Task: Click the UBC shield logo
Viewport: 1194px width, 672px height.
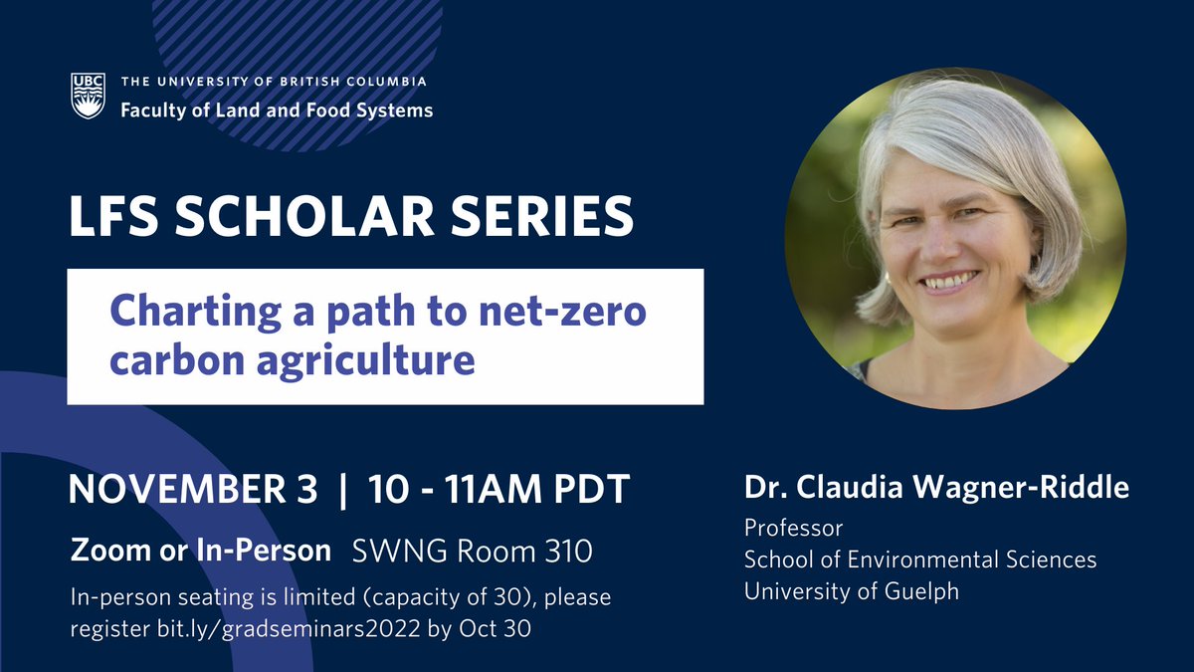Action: pos(88,96)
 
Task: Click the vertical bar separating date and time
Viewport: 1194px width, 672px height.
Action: pos(343,490)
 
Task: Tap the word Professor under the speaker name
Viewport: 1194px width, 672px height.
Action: pos(793,528)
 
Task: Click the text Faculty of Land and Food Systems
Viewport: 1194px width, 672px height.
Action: pos(277,111)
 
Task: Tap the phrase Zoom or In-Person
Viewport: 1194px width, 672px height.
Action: pos(201,550)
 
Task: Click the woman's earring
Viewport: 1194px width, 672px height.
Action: pos(885,277)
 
